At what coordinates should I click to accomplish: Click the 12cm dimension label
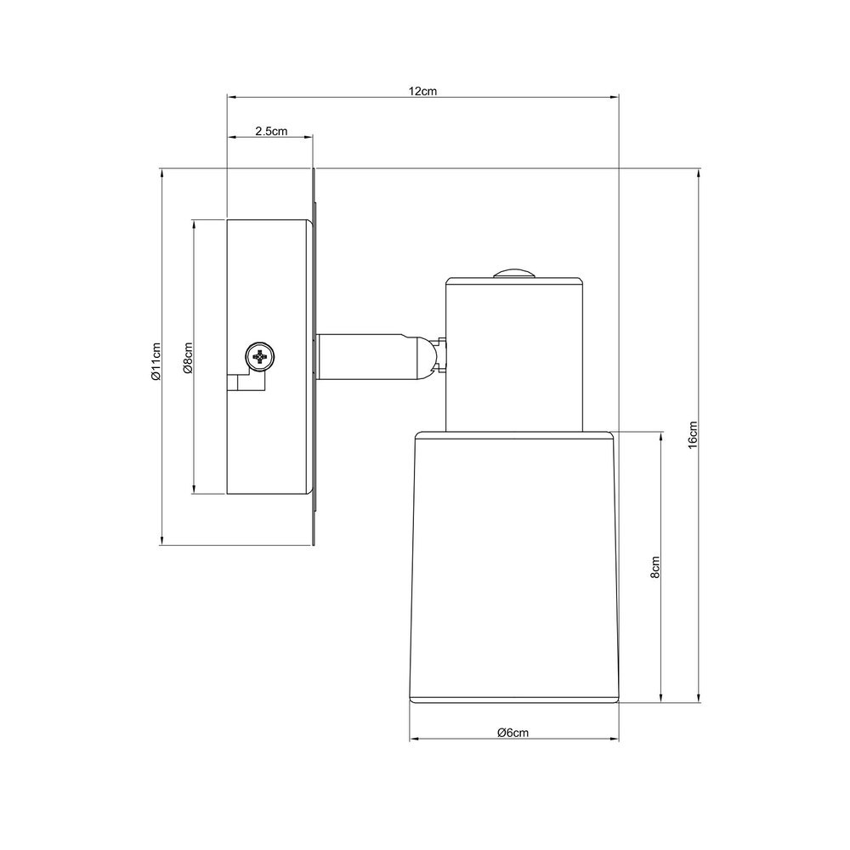coord(422,91)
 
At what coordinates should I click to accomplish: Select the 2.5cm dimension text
coord(271,131)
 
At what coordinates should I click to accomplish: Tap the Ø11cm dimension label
coord(156,361)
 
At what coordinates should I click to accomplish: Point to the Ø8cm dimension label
coord(188,359)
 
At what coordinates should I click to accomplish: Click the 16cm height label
coord(692,435)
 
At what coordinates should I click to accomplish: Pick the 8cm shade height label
coord(655,568)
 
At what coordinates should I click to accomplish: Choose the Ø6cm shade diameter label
coord(513,733)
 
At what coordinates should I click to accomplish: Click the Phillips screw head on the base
coord(259,357)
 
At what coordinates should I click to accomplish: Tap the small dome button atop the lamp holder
coord(514,274)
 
